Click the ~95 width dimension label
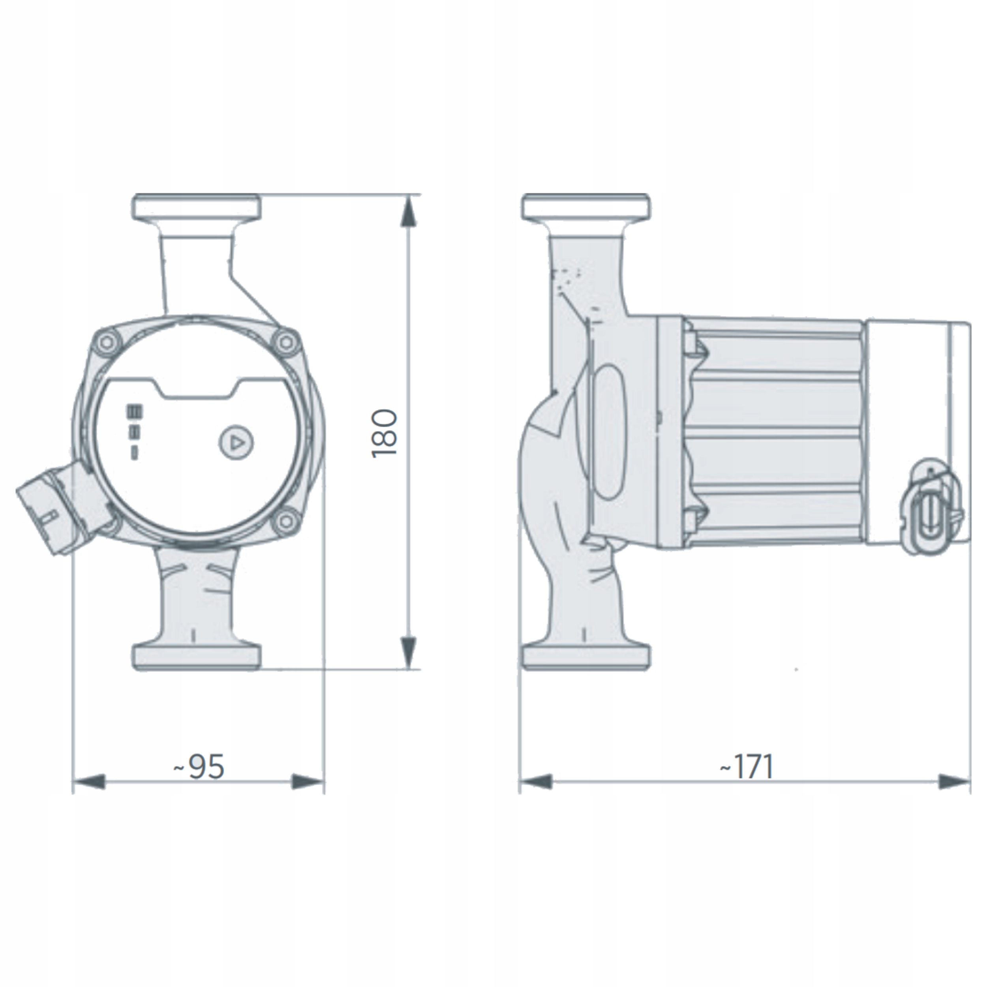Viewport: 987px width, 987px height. [x=199, y=766]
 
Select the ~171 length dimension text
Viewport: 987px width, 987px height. [x=747, y=766]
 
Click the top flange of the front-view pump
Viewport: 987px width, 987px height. [x=197, y=206]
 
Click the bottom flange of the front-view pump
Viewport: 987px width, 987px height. [x=197, y=657]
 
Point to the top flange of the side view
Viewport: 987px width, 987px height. [x=587, y=206]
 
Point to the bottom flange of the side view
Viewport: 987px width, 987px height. [x=587, y=657]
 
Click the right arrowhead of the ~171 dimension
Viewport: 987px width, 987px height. [x=953, y=796]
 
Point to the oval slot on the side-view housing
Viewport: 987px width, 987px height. [x=608, y=432]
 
